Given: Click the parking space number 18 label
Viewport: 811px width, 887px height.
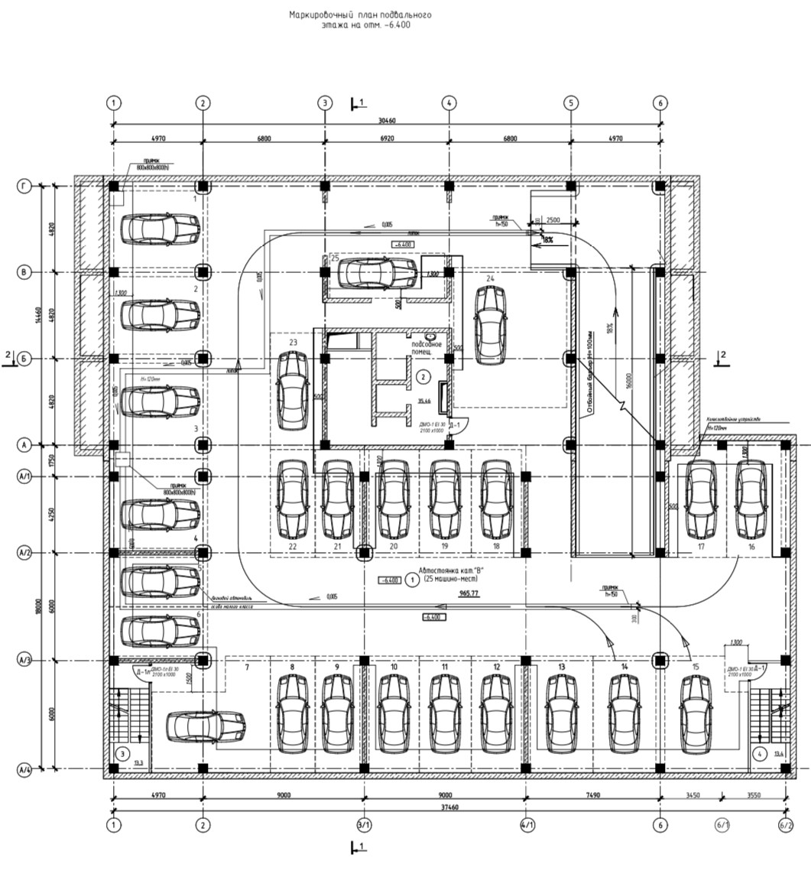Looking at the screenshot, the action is (497, 546).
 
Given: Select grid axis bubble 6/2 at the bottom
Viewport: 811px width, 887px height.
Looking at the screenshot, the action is (786, 825).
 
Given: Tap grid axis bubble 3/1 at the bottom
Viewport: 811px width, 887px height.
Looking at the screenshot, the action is (364, 825).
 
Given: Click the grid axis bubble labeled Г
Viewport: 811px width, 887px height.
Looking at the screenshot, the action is (24, 186).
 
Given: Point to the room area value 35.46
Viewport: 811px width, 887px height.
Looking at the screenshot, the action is (424, 400).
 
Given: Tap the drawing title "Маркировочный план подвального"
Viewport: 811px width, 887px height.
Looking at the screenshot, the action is (360, 15).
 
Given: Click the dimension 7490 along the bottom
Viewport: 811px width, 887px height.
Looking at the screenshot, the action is (592, 795).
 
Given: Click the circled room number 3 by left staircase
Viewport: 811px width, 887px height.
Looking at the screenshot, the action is (122, 753).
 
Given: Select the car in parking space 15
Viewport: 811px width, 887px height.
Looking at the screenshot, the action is (696, 713).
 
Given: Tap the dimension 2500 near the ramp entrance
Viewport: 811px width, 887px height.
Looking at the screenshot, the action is (552, 220).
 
